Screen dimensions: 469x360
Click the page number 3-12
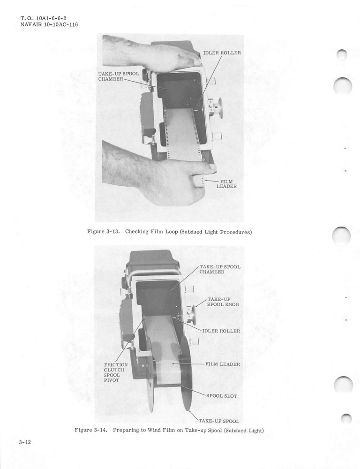pyautogui.click(x=25, y=442)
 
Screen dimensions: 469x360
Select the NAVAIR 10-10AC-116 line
pyautogui.click(x=49, y=25)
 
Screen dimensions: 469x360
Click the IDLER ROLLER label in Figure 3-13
pyautogui.click(x=222, y=53)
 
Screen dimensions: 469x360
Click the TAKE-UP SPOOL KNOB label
pyautogui.click(x=223, y=302)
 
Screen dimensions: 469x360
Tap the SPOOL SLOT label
pyautogui.click(x=222, y=396)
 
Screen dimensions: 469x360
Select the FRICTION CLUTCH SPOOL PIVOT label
pyautogui.click(x=115, y=373)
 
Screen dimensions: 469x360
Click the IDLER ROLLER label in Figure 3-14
pyautogui.click(x=221, y=331)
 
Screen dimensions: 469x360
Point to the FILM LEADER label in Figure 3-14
pyautogui.click(x=223, y=364)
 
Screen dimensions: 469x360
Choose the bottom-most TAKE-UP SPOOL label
pyautogui.click(x=219, y=421)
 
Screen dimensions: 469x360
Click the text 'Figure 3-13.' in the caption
pyautogui.click(x=104, y=232)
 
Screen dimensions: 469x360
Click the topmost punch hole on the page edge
pyautogui.click(x=342, y=54)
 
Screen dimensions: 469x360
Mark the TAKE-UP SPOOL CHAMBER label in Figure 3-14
pyautogui.click(x=220, y=269)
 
